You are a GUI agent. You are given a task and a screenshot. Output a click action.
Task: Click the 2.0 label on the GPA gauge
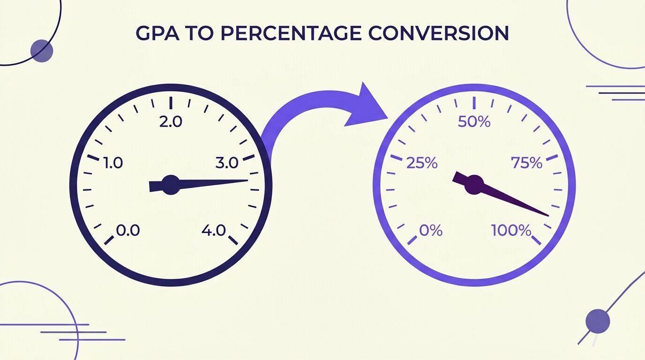click(171, 121)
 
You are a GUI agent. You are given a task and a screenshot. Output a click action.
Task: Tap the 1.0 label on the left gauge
click(113, 163)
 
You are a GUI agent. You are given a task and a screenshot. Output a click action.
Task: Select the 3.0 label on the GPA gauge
click(227, 163)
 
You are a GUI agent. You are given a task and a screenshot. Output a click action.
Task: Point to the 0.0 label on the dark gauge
click(128, 231)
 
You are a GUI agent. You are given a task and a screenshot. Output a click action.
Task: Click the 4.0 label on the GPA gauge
click(214, 231)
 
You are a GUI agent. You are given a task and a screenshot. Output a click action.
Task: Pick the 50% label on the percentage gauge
click(474, 122)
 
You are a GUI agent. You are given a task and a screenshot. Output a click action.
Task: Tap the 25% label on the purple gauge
click(422, 163)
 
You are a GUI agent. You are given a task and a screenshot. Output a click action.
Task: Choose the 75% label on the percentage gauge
click(527, 163)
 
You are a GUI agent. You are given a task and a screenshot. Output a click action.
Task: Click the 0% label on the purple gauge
click(431, 231)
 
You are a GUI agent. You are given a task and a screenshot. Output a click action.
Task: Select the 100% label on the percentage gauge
click(511, 231)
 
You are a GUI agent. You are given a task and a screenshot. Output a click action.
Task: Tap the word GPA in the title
click(157, 33)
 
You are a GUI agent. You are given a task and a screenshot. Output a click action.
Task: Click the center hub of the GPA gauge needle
click(171, 185)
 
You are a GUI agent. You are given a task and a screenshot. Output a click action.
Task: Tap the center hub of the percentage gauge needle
click(474, 185)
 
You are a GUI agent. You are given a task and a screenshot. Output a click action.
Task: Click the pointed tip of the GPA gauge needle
click(247, 180)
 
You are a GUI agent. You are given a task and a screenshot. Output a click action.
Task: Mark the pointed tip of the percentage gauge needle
click(548, 216)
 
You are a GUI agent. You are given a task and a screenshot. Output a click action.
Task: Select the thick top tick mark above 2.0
click(171, 103)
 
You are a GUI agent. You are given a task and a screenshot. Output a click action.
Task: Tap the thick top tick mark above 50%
click(474, 103)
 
